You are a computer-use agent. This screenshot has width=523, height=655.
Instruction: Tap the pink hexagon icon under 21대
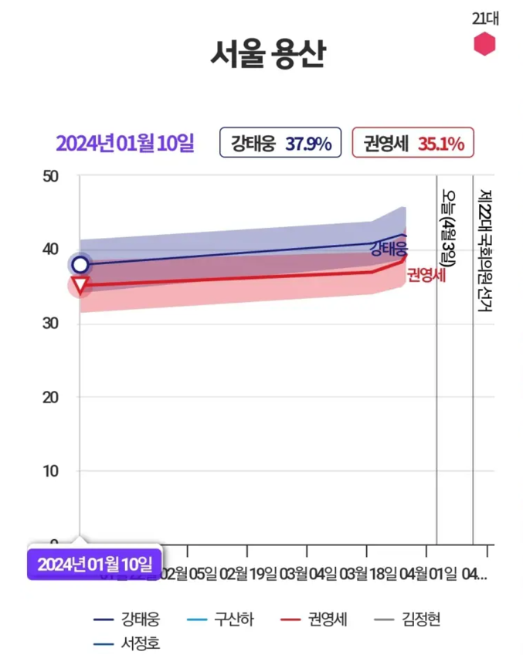coord(484,44)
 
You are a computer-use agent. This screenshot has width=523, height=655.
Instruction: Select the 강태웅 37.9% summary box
coord(280,143)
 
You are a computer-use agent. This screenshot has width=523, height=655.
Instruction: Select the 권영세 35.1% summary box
coord(413,143)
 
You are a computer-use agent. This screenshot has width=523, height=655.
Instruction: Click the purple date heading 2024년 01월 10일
coord(124,143)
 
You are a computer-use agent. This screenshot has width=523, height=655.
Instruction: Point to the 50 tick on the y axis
coord(50,176)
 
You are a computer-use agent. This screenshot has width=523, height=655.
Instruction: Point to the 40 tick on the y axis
coord(50,249)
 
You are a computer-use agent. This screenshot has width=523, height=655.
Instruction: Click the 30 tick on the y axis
coord(50,324)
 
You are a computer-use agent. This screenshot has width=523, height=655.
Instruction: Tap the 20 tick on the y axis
coord(50,397)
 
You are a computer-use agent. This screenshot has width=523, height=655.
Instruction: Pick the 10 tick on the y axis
coord(50,470)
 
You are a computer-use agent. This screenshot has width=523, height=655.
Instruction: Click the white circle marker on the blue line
coord(80,265)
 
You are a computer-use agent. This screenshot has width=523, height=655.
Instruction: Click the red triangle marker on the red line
coord(80,285)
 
